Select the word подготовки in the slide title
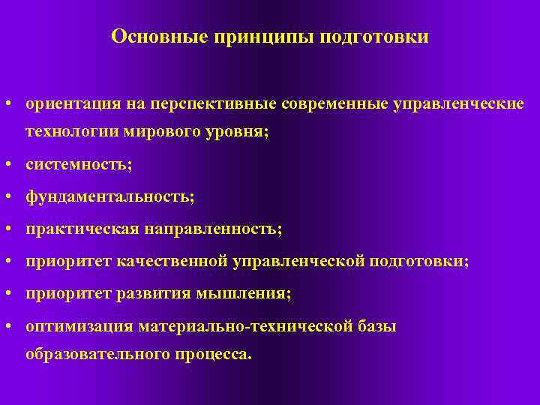[x=375, y=37]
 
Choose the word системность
[x=76, y=163]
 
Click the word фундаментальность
[x=108, y=196]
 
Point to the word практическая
[x=78, y=228]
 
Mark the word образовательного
[x=97, y=354]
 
